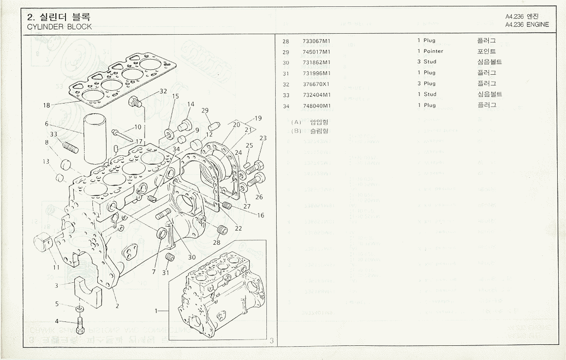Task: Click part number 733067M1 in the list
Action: pyautogui.click(x=316, y=41)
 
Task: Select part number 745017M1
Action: pyautogui.click(x=316, y=51)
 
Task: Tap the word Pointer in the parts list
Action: pyautogui.click(x=433, y=51)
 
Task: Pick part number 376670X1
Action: pyautogui.click(x=316, y=84)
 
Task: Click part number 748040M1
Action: pyautogui.click(x=316, y=106)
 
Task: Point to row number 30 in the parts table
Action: pyautogui.click(x=286, y=63)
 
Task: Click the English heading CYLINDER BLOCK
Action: pyautogui.click(x=60, y=27)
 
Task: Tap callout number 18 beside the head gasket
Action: pyautogui.click(x=46, y=105)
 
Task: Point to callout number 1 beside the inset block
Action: pyautogui.click(x=157, y=311)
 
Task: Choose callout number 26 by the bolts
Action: pyautogui.click(x=259, y=197)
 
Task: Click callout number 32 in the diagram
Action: pyautogui.click(x=163, y=91)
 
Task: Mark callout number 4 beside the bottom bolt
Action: pyautogui.click(x=57, y=321)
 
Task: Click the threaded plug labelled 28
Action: pyautogui.click(x=222, y=229)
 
